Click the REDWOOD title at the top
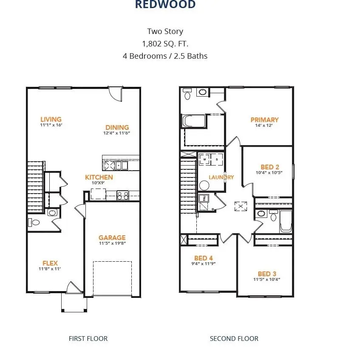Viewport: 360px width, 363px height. coord(165,5)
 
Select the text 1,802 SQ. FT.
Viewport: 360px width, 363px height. coord(165,43)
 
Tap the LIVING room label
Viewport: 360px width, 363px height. coord(51,120)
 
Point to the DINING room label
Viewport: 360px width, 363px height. coord(117,127)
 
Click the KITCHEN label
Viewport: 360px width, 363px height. coord(99,177)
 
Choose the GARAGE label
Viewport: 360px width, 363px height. coord(112,237)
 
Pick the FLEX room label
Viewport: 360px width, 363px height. coord(50,263)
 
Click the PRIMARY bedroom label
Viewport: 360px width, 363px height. coord(264,120)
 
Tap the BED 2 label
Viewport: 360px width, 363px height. coord(269,167)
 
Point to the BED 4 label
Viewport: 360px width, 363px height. coord(204,258)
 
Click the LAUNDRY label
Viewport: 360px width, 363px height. coord(221,177)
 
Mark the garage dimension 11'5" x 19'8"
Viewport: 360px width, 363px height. coord(112,243)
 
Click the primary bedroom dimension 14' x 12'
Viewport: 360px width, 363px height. coord(264,126)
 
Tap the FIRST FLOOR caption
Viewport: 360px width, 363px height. coord(88,339)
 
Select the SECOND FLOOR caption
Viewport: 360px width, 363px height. coord(234,339)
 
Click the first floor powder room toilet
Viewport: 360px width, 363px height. coord(34,222)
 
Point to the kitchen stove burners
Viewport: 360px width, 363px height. coord(122,195)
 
